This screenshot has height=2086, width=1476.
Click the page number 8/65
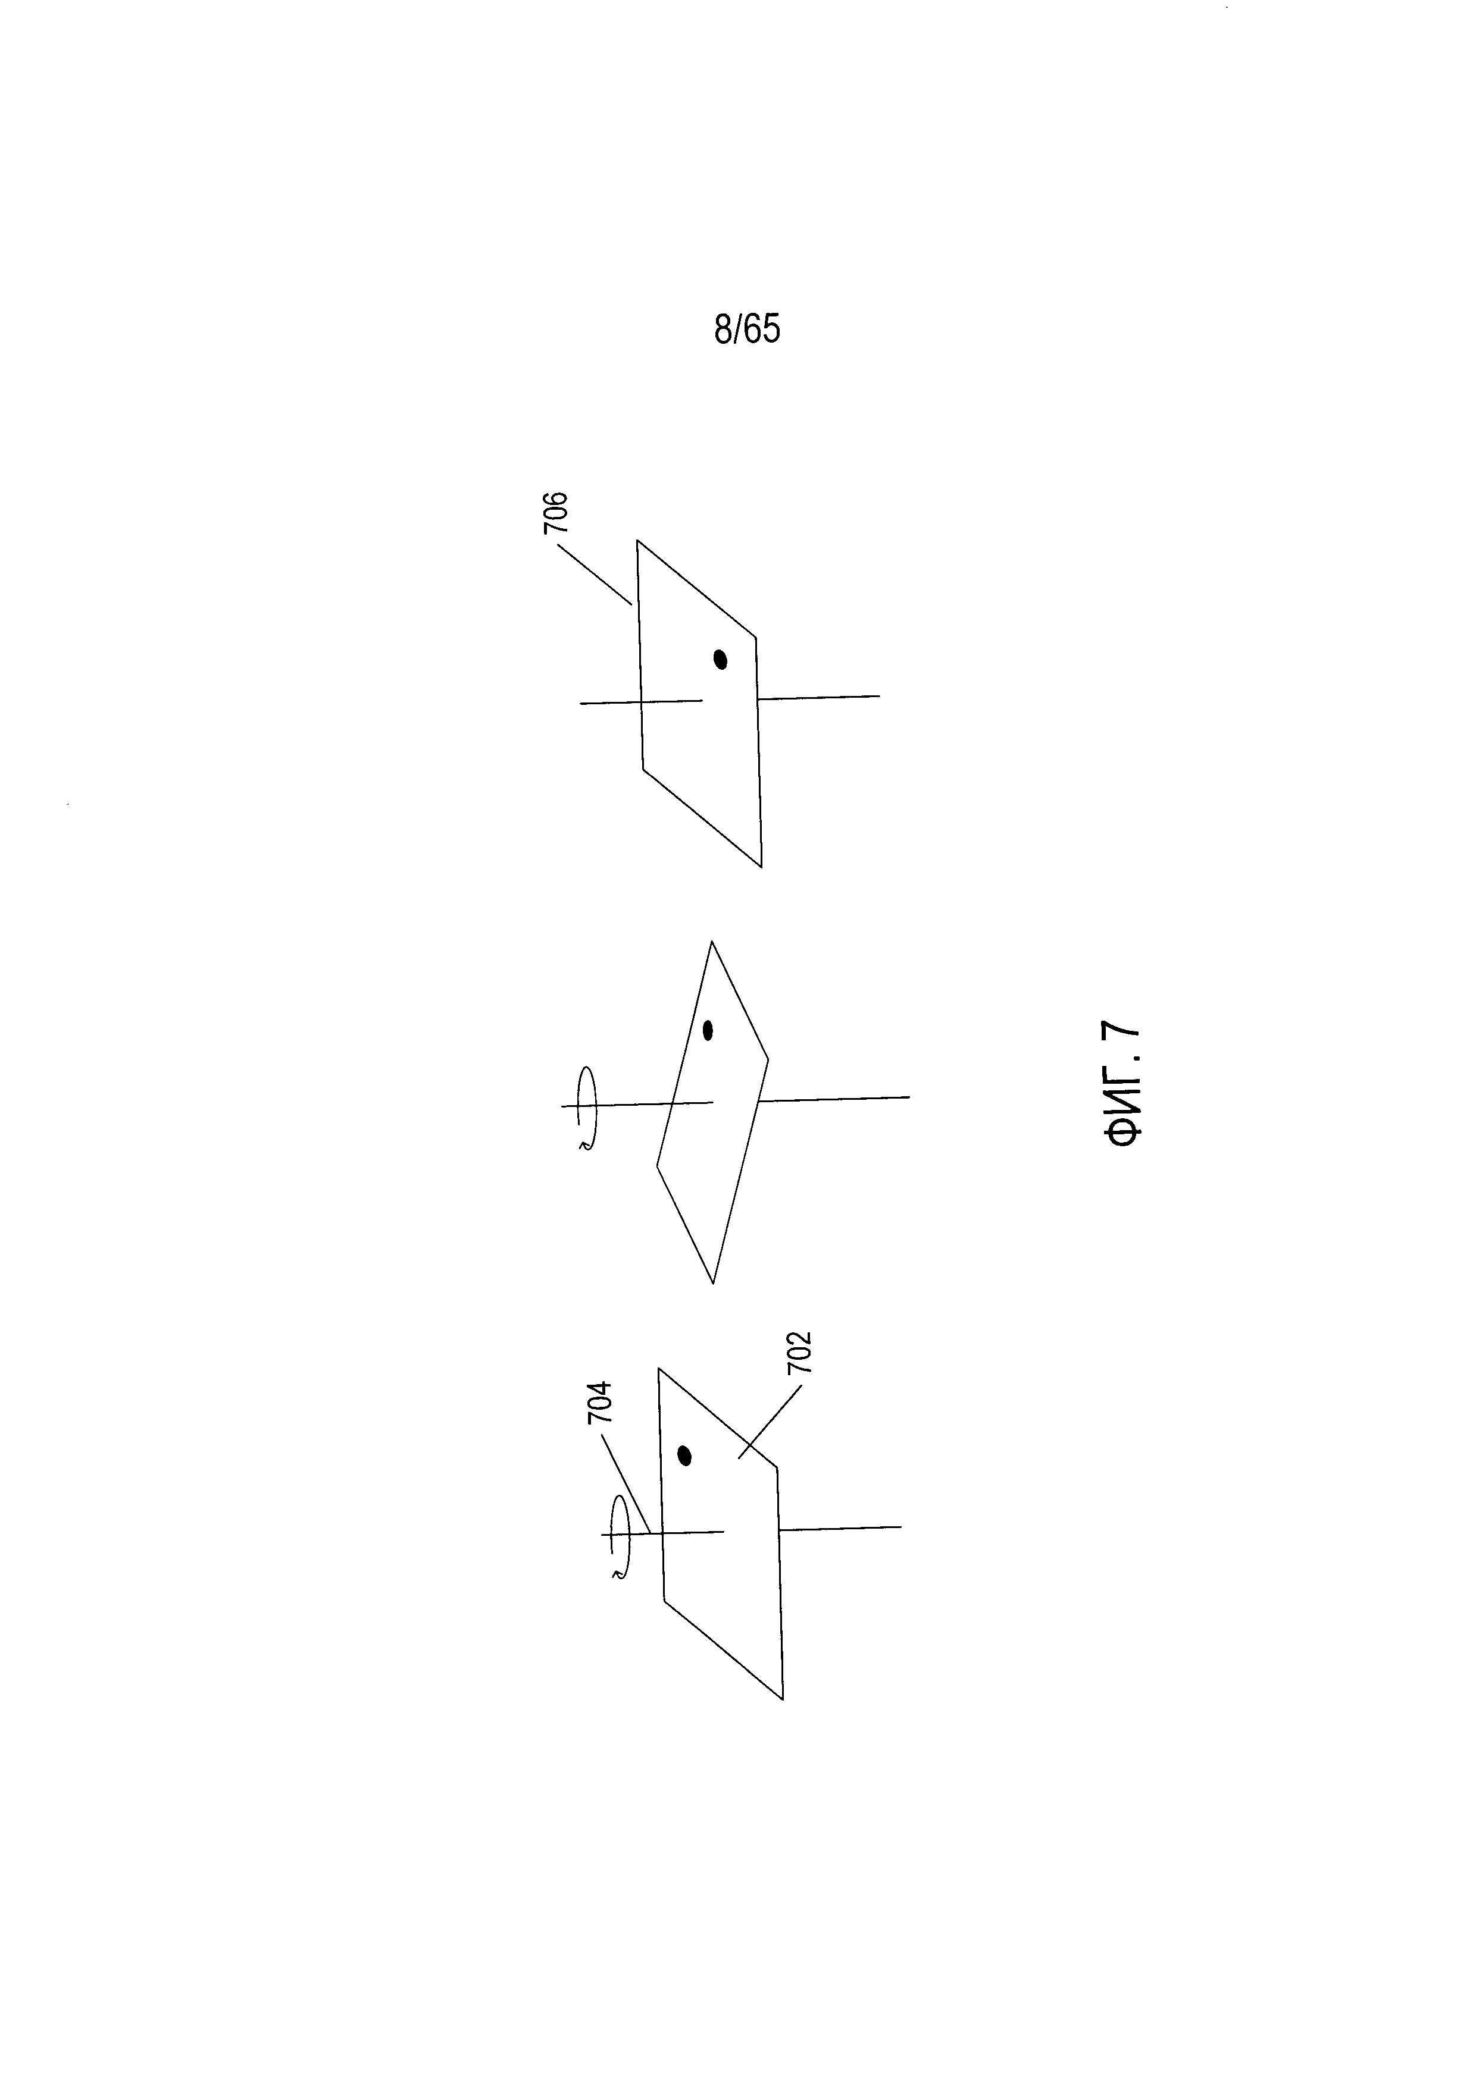746,329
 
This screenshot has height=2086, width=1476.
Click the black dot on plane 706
721,658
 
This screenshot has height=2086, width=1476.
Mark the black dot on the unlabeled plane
708,1030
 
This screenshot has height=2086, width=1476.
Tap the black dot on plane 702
685,1456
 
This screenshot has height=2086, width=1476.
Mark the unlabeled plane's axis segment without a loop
834,1099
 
